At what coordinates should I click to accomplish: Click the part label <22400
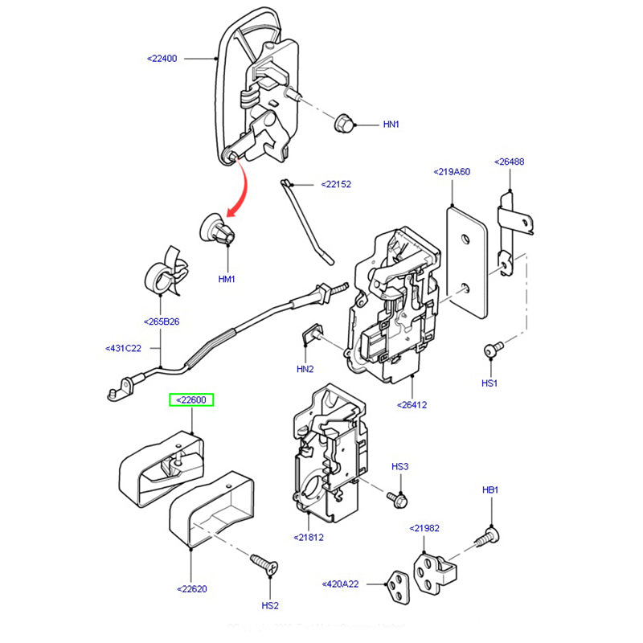tap(162, 59)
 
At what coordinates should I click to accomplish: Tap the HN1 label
tap(391, 125)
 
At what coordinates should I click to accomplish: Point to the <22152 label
tap(336, 184)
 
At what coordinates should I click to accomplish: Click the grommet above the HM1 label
tap(219, 231)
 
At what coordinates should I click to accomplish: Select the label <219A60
tap(452, 171)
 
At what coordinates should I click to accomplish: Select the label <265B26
tap(162, 321)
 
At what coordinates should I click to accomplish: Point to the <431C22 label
tap(123, 348)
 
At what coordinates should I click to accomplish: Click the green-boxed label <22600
tap(190, 400)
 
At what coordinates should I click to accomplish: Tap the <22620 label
tap(191, 588)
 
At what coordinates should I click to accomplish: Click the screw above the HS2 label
tap(263, 563)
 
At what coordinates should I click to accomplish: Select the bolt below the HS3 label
tap(395, 499)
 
